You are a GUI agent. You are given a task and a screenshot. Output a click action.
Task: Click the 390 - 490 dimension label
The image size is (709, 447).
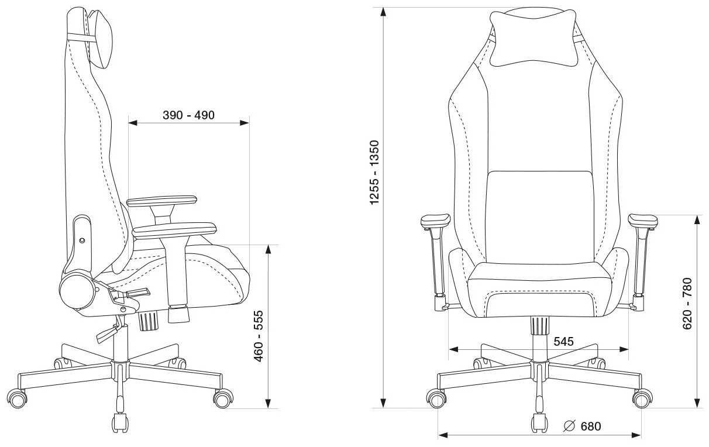pos(188,115)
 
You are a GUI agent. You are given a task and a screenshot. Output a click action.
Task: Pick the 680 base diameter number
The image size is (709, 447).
pos(590,426)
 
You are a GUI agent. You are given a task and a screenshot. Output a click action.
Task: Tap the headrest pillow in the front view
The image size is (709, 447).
pos(532,38)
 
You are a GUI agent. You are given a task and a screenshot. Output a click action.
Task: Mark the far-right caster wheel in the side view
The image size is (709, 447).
pos(222,399)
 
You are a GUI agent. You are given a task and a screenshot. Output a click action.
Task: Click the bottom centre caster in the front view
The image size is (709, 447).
pos(538,422)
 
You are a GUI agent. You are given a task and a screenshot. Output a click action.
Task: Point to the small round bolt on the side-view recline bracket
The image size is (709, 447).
pos(81,240)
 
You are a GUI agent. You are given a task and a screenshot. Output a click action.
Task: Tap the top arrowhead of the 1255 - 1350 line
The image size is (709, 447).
pos(383,12)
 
